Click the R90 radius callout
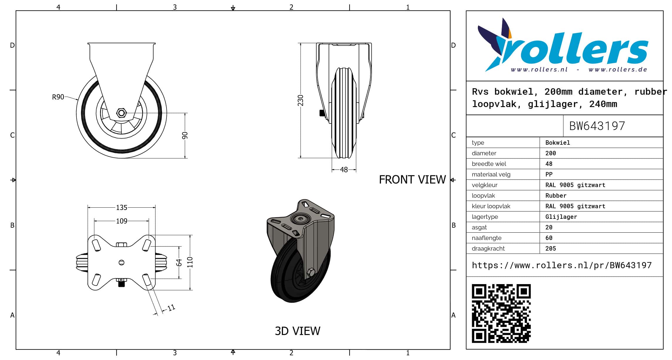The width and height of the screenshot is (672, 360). point(58,97)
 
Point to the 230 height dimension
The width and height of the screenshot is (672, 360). point(300,100)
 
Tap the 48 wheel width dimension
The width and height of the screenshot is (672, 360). point(344,170)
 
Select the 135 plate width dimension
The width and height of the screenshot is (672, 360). point(122,208)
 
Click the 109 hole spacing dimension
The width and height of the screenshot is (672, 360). point(122,221)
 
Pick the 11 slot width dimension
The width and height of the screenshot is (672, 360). point(171,308)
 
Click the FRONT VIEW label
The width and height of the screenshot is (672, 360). point(412,180)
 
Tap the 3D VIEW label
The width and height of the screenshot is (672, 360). point(297,331)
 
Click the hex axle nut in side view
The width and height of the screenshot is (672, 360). point(121,113)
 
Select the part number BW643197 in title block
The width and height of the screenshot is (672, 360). point(597,126)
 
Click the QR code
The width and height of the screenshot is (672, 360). point(501,313)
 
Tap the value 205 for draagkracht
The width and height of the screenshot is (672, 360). point(550,249)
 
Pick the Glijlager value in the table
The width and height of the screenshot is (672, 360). point(561,217)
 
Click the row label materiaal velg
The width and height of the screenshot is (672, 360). point(491,174)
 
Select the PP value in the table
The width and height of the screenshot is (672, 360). point(549,174)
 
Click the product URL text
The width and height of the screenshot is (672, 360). point(562,265)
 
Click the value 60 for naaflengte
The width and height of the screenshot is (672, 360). point(549,238)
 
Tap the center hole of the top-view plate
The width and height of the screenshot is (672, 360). point(122,263)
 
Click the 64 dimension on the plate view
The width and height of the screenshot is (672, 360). point(179,262)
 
